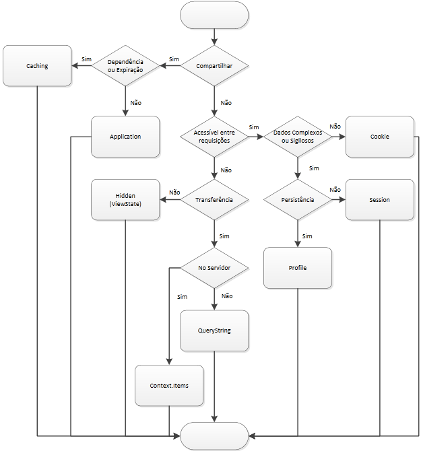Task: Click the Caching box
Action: click(37, 66)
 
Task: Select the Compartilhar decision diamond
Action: click(215, 66)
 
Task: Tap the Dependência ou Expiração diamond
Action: click(125, 66)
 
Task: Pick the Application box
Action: click(125, 137)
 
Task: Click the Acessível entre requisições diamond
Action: click(215, 137)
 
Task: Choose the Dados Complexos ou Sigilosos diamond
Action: click(297, 137)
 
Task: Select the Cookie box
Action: click(379, 137)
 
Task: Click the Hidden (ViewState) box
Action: click(125, 200)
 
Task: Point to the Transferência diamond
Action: click(215, 200)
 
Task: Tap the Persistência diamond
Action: click(297, 200)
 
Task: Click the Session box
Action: click(379, 200)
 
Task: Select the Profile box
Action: click(297, 268)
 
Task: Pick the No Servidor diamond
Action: click(215, 268)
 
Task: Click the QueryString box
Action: click(215, 331)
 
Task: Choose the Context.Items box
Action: click(169, 386)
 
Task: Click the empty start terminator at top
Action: click(215, 15)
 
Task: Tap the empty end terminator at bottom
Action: click(215, 436)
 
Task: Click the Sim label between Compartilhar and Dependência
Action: click(174, 59)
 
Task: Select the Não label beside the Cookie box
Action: click(335, 126)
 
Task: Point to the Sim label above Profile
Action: click(307, 236)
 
